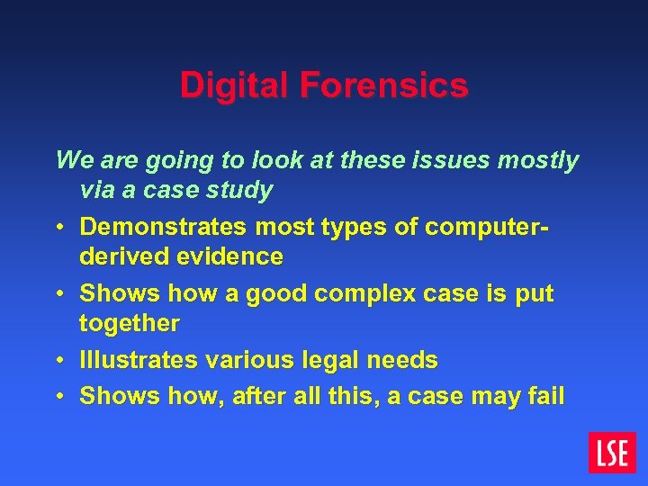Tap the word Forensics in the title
[x=384, y=85]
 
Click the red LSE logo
[x=612, y=452]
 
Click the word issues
[x=443, y=160]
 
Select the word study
[x=242, y=190]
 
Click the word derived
[x=123, y=256]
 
